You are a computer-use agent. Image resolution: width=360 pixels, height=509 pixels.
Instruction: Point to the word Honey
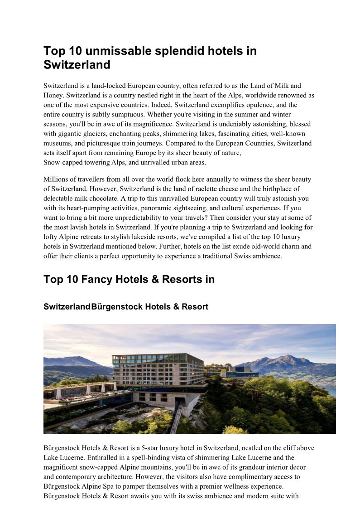coord(53,95)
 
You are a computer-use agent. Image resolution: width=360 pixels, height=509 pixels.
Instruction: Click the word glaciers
coord(100,134)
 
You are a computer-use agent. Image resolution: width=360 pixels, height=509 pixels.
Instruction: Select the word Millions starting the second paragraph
coord(57,179)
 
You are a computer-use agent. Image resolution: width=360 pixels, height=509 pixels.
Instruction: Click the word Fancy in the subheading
coord(96,279)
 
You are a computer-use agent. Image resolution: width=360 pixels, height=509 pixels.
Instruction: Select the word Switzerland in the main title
coord(77,64)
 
